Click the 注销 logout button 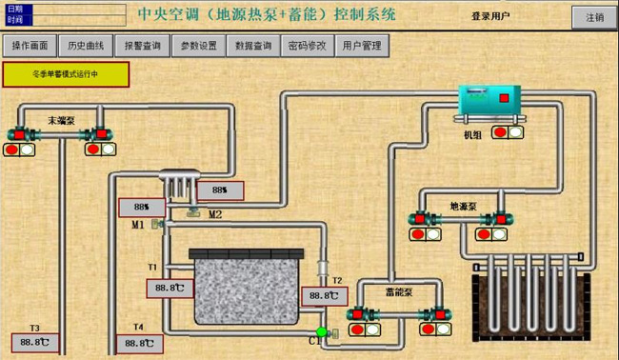tap(594, 17)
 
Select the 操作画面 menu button tap(30, 46)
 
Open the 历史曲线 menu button tap(86, 46)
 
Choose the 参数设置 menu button tap(198, 46)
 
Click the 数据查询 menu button tap(253, 46)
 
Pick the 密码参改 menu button tap(307, 46)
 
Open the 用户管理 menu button tap(362, 46)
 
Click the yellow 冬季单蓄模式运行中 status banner tap(65, 73)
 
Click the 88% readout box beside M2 tap(218, 190)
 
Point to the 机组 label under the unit tap(473, 136)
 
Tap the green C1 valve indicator tap(322, 332)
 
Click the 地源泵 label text tap(463, 205)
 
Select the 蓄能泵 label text tap(398, 292)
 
